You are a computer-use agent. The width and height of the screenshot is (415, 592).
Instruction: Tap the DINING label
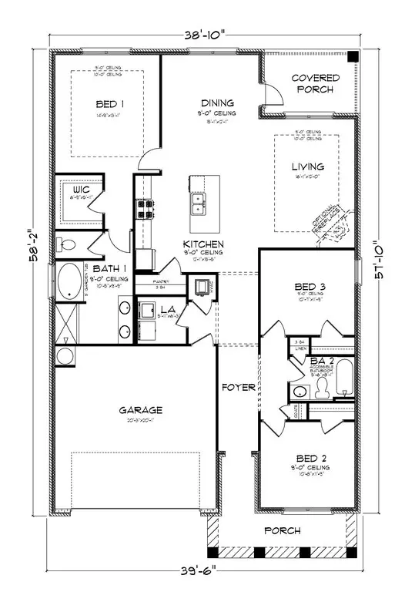[213, 103]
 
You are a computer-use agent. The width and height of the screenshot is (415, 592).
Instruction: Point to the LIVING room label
[307, 166]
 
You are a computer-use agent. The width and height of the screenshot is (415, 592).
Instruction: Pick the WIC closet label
[82, 189]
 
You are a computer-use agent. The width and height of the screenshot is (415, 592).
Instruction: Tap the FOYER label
[239, 388]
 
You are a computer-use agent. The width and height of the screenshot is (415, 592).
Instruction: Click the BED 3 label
[310, 288]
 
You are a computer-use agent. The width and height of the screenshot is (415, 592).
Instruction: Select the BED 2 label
[310, 458]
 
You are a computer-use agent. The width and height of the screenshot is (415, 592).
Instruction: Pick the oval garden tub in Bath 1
[72, 283]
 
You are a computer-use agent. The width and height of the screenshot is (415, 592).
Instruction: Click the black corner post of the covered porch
[351, 58]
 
